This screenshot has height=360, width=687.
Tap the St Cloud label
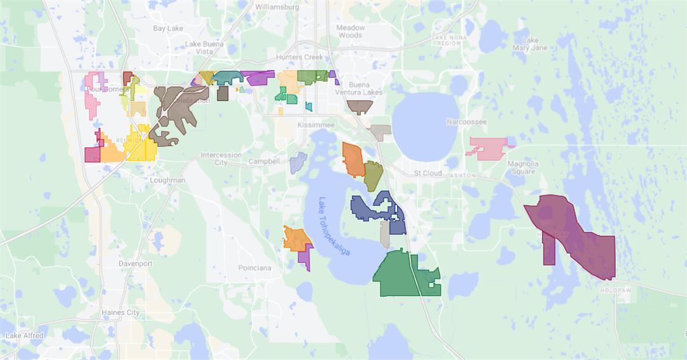click(427, 173)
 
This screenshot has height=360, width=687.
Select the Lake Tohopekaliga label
click(335, 226)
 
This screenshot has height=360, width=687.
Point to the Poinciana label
click(254, 268)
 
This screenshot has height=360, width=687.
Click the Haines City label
click(121, 312)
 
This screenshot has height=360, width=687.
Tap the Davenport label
click(135, 263)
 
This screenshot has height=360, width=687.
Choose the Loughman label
click(167, 180)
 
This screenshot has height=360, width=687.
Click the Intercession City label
click(221, 158)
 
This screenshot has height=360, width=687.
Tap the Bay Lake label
click(168, 29)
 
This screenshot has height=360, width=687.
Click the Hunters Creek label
click(305, 57)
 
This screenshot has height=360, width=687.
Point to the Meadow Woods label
click(350, 31)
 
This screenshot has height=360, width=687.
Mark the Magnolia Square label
click(523, 167)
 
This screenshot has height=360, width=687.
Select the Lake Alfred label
click(25, 335)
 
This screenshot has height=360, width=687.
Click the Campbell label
click(264, 162)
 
